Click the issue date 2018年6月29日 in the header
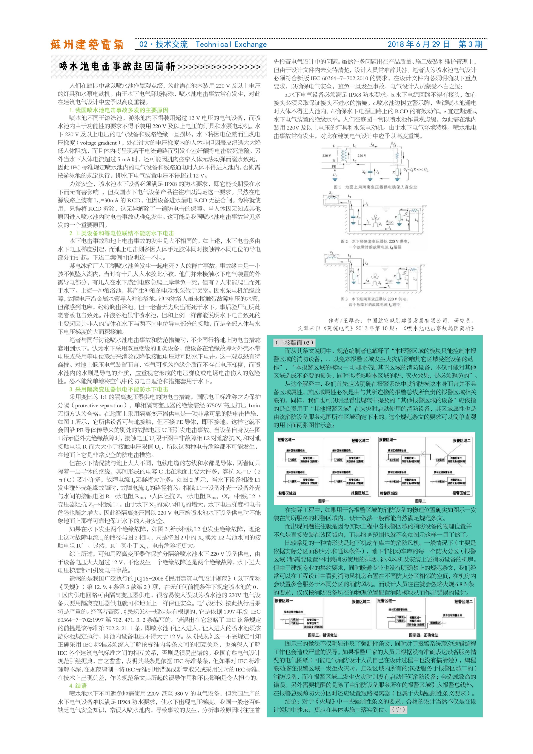coord(418,44)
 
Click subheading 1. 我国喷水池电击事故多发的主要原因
coord(118,110)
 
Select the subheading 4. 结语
coord(78,686)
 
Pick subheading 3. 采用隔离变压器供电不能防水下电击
coord(118,389)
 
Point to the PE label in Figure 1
coord(334,167)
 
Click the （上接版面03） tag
coord(294,343)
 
